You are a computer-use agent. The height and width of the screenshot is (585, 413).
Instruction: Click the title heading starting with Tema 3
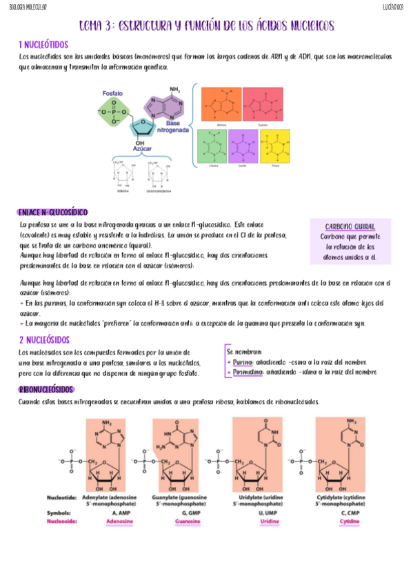tap(206, 26)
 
